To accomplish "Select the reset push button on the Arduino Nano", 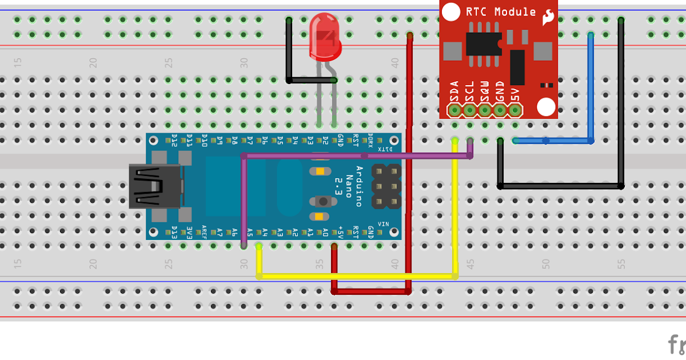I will click(324, 201).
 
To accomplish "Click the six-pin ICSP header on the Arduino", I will click(386, 186).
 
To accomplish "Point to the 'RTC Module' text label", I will click(501, 12).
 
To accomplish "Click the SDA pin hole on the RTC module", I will click(455, 109).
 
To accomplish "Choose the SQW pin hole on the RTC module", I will click(485, 109).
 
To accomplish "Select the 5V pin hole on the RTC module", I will click(515, 109).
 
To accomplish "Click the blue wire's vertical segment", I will click(591, 86).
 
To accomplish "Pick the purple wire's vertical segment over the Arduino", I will click(244, 200).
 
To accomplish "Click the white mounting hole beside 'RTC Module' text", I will click(452, 11).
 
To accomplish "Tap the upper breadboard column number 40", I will click(395, 62).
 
